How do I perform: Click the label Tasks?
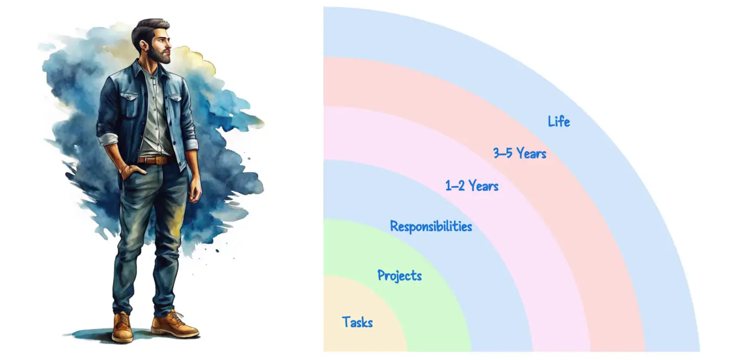point(357,323)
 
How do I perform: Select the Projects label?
point(400,276)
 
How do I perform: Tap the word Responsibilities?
point(431,226)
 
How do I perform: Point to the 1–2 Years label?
point(472,186)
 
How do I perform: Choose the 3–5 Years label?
point(520,154)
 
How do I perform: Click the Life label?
point(559,121)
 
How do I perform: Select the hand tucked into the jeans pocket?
point(129,172)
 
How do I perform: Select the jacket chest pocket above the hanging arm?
point(175,102)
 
